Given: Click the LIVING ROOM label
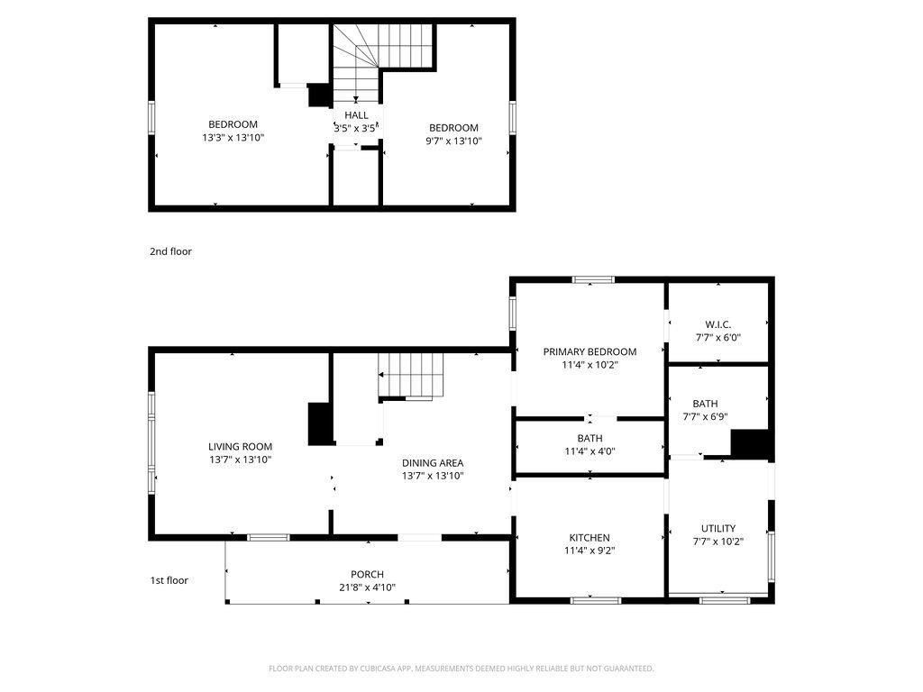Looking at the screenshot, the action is [x=240, y=447].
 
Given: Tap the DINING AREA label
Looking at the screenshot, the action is [x=433, y=463].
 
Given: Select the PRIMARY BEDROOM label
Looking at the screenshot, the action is [x=589, y=352].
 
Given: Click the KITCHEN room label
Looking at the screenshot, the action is [x=589, y=538].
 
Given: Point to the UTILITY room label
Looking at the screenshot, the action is [x=718, y=528].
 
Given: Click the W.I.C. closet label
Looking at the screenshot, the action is [x=718, y=324].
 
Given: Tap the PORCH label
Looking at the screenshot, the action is [x=368, y=574].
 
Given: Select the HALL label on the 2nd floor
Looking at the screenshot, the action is [x=356, y=115].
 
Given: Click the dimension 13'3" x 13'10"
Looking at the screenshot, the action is [x=233, y=138].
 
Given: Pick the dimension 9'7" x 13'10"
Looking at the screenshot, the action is [x=454, y=141].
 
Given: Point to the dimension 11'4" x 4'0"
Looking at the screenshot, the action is [x=589, y=452].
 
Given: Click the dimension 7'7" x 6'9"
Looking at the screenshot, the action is [x=705, y=417].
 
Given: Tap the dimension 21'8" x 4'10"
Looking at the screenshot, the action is [x=368, y=587].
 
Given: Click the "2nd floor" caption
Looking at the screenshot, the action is [x=170, y=251].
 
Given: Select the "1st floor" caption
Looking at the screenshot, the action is [x=169, y=580].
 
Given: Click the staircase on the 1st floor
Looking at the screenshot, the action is [x=410, y=375].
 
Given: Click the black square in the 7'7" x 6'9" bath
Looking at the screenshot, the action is [x=749, y=443].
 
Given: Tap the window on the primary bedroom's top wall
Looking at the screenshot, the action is [x=593, y=280].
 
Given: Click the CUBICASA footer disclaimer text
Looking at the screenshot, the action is [x=461, y=669].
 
